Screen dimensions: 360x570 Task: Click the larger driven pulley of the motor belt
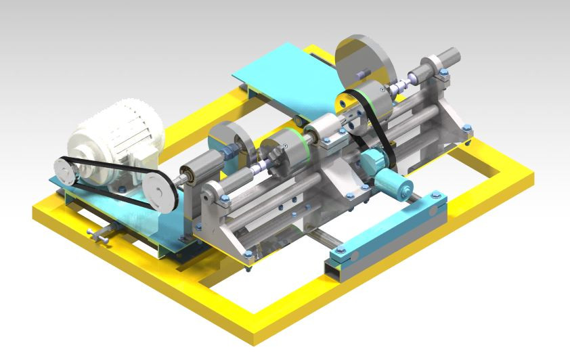(160, 191)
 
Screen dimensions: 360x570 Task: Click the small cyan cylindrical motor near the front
(393, 184)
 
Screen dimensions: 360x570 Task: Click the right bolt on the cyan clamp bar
(436, 198)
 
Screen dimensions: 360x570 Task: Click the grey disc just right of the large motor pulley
(229, 143)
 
